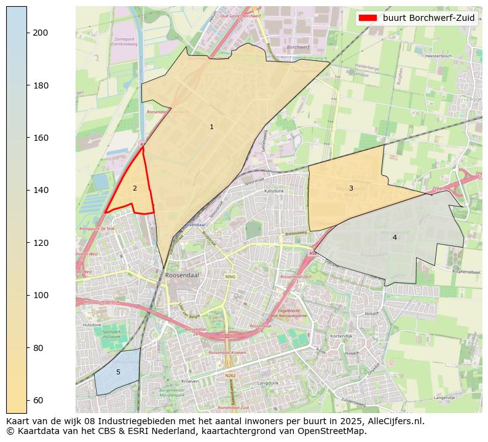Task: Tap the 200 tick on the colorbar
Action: [x=27, y=33]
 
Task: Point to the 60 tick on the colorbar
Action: [x=27, y=400]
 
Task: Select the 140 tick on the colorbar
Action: [x=27, y=190]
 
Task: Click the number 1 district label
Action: [x=211, y=127]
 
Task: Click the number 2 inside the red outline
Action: [x=135, y=189]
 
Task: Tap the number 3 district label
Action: [x=351, y=189]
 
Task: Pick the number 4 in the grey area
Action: [x=395, y=237]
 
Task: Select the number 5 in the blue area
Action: [x=118, y=372]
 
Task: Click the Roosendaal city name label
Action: [x=180, y=275]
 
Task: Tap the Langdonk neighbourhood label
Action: [x=268, y=382]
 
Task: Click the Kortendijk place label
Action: [x=340, y=336]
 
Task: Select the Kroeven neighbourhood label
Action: [x=190, y=381]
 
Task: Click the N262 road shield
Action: [x=230, y=375]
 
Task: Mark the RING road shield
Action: [x=230, y=277]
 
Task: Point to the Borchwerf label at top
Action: [x=297, y=47]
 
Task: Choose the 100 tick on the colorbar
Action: [x=27, y=295]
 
